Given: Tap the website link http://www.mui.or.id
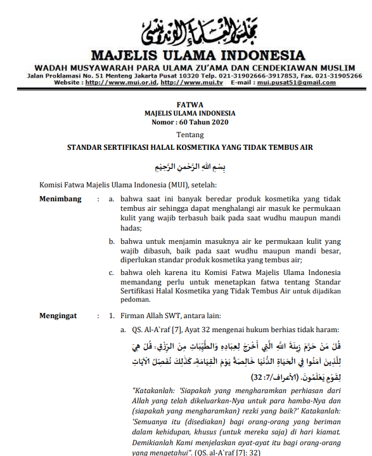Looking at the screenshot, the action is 120,83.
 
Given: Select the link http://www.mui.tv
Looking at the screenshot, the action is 189,83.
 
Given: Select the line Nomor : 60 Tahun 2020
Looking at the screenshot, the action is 189,122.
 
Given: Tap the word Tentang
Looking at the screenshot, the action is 189,135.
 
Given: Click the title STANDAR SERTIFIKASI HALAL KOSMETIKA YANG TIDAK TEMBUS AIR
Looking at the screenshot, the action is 189,147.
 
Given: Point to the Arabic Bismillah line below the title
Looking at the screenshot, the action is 189,167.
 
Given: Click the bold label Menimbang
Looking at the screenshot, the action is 60,199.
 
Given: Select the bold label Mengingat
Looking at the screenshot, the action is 59,314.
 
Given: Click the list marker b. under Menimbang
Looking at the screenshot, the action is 111,242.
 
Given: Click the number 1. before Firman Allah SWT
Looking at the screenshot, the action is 111,315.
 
